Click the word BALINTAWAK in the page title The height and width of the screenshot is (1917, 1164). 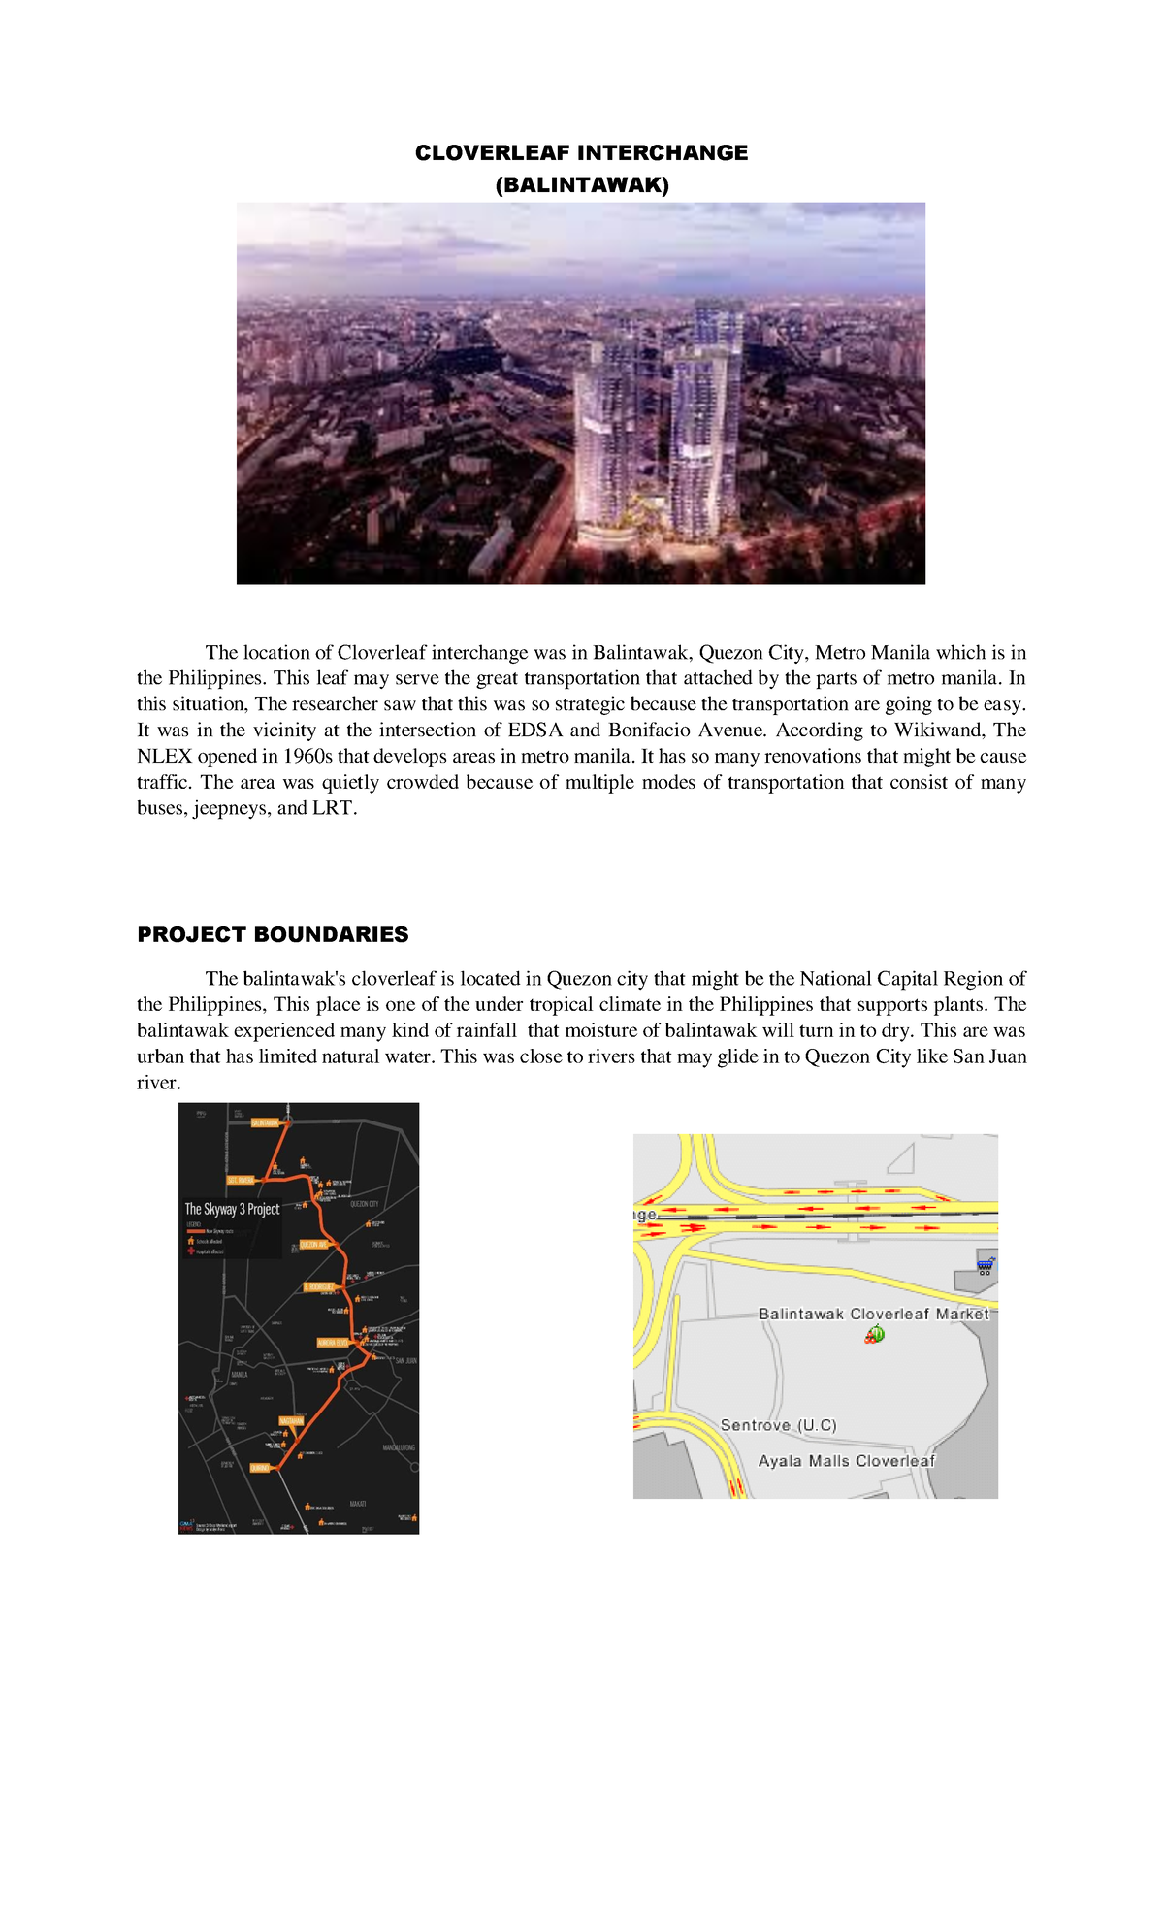pos(582,185)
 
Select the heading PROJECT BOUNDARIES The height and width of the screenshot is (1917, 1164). pos(273,934)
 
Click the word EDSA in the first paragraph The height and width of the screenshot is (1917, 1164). pos(534,731)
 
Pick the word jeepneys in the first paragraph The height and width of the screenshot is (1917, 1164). pos(231,809)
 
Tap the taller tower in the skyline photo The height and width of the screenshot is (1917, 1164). pos(710,417)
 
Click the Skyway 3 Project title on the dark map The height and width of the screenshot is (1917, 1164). pos(232,1209)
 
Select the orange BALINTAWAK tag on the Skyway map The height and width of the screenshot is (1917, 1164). pos(265,1122)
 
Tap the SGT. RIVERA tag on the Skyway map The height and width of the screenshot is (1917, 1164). pos(240,1180)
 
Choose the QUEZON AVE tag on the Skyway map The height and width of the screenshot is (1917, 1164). pos(313,1244)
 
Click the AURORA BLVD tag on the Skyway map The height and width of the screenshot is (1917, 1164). pos(333,1343)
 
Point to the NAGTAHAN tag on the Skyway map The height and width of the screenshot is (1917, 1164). pos(291,1421)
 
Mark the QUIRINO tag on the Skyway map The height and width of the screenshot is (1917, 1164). pos(259,1468)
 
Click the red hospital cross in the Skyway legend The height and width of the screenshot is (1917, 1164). pos(190,1251)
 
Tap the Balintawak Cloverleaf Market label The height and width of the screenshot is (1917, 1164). pos(873,1314)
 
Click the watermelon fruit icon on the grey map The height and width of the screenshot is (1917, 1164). pos(875,1335)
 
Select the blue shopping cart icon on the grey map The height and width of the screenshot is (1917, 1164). pos(986,1265)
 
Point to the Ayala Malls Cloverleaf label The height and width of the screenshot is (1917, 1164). pos(846,1461)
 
